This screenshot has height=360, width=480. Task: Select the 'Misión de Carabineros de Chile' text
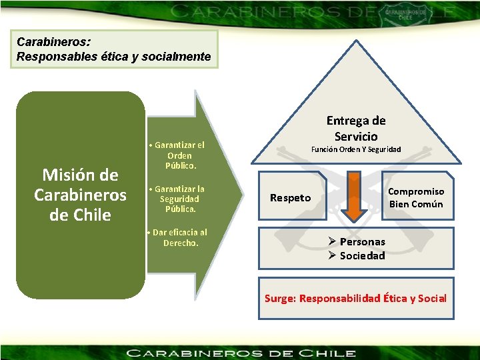point(80,195)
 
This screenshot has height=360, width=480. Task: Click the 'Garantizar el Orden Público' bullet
point(179,155)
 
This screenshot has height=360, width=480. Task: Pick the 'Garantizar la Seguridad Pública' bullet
point(179,199)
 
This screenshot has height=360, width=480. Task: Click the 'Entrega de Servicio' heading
point(356,128)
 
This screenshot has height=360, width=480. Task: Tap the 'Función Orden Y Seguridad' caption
point(356,149)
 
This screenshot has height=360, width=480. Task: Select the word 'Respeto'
point(290,197)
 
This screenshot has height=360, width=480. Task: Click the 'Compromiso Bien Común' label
point(416,197)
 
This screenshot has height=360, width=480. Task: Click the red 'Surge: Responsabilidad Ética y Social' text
point(355,298)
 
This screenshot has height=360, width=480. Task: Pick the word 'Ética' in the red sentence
point(397,298)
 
